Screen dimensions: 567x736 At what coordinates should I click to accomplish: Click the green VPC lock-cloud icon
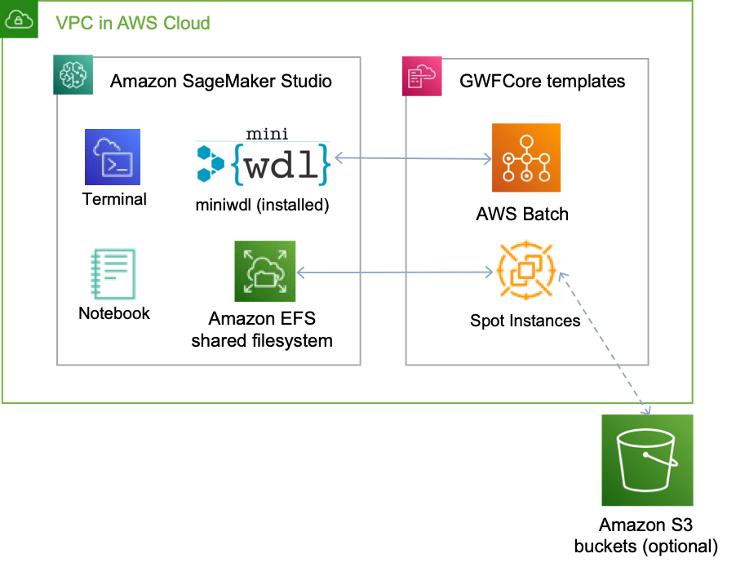coord(19,19)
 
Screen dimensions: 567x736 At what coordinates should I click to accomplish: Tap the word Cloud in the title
coord(186,23)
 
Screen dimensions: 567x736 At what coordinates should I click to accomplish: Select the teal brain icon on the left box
coord(73,75)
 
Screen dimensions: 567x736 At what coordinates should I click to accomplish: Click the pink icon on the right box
coord(422,77)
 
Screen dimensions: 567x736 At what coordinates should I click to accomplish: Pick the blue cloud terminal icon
coord(113,157)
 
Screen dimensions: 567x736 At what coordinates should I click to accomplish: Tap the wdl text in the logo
coord(279,166)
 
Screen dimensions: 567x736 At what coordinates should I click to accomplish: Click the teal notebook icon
coord(113,274)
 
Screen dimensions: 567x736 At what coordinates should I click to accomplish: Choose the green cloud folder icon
coord(264,271)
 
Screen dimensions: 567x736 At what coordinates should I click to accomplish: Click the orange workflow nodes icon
coord(526,157)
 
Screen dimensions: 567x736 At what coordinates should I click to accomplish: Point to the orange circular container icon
coord(526,270)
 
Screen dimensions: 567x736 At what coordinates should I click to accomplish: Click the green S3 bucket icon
coord(647,460)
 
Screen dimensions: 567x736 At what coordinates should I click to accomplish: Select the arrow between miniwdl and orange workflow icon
coord(412,157)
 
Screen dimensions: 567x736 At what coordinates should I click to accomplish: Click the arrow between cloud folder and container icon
coord(396,272)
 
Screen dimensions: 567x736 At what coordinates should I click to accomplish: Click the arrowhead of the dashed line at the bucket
coord(647,410)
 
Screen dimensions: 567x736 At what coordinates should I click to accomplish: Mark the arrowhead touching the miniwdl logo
coord(339,157)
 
